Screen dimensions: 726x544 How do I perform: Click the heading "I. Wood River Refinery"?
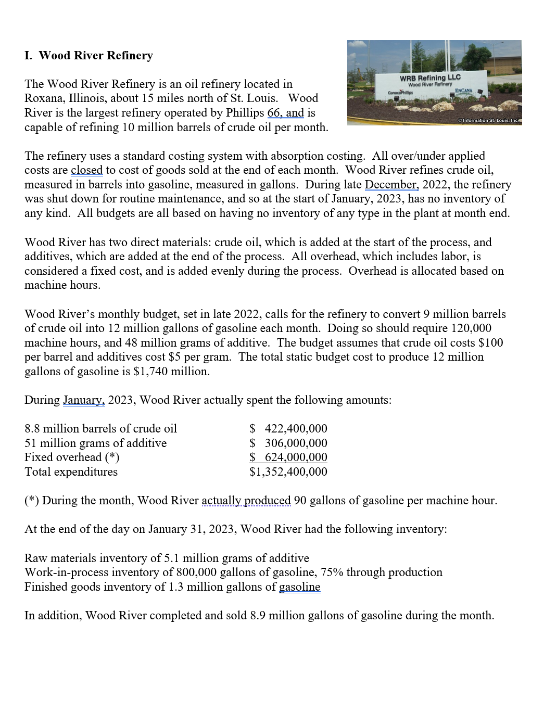(x=88, y=56)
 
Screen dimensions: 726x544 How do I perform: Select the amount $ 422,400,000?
(x=288, y=429)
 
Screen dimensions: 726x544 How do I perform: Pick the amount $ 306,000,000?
(x=288, y=443)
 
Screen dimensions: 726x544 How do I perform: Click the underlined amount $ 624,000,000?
(x=288, y=457)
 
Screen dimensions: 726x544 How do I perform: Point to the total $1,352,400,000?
(x=288, y=472)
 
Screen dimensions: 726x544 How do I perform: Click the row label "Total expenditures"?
(x=71, y=472)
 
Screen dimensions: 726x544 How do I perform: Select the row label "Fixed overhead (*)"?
(x=72, y=457)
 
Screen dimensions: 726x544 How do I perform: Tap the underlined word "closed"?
(x=86, y=170)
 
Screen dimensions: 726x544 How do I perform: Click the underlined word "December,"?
(x=391, y=185)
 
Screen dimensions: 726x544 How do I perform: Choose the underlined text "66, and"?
(x=285, y=113)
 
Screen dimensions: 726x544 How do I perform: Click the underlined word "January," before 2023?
(x=84, y=400)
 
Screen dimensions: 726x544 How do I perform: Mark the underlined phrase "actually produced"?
(x=246, y=501)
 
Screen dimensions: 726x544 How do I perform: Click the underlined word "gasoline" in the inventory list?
(x=299, y=587)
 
